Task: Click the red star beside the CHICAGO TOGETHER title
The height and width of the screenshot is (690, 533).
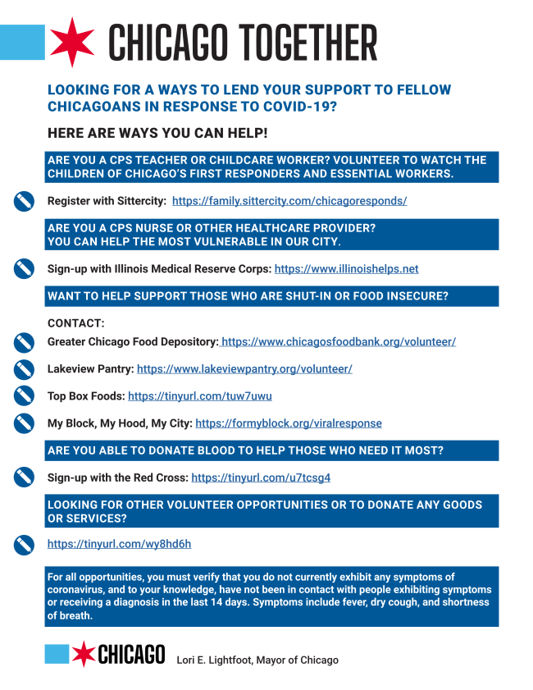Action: [72, 42]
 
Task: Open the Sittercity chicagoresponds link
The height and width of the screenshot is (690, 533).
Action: [289, 200]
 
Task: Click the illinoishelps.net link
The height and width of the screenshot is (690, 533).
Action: [346, 268]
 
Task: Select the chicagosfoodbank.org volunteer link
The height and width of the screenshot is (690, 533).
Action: [337, 341]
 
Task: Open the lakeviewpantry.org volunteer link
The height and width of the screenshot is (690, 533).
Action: [244, 369]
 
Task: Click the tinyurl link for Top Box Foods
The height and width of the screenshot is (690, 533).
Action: [200, 396]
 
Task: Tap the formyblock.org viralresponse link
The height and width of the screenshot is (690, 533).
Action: [289, 423]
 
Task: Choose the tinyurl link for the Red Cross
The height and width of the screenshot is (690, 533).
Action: [261, 477]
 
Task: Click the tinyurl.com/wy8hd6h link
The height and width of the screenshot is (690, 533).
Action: [119, 544]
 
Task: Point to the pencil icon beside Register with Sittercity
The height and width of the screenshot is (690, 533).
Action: [24, 201]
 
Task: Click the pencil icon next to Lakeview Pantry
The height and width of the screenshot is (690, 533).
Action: [24, 369]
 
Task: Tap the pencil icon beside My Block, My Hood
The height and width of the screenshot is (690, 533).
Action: [24, 423]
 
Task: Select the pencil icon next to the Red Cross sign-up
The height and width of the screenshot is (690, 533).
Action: [24, 477]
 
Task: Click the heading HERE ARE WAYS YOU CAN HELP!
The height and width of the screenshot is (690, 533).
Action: [157, 133]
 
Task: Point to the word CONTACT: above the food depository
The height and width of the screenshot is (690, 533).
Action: [76, 323]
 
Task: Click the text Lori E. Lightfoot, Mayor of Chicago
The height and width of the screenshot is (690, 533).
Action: [257, 660]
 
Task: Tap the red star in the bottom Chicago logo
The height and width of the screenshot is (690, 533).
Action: [83, 654]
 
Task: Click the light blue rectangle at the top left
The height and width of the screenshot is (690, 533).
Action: [21, 42]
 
